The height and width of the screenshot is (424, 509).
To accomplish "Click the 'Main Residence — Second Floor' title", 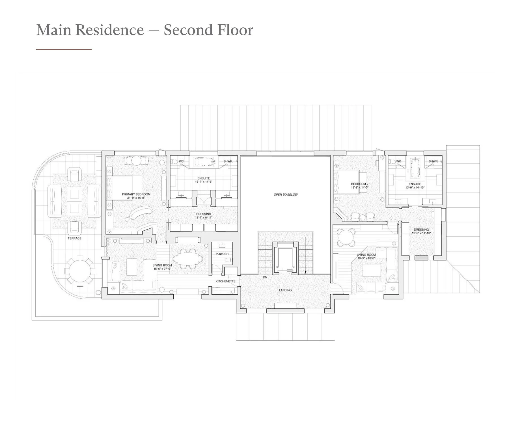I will pyautogui.click(x=144, y=30).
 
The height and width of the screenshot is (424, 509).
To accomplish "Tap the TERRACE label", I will pyautogui.click(x=74, y=238).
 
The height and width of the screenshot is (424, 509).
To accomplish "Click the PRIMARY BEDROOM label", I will pyautogui.click(x=136, y=194).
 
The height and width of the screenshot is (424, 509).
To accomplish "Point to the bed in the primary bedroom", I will pyautogui.click(x=126, y=188).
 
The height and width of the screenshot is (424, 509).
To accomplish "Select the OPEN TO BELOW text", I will pyautogui.click(x=286, y=194).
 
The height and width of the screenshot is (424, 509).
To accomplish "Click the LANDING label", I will pyautogui.click(x=285, y=290).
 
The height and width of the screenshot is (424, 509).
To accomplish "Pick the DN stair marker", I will pyautogui.click(x=265, y=277).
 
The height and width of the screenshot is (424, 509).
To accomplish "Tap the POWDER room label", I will pyautogui.click(x=222, y=254).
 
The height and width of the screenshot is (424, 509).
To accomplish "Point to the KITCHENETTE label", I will pyautogui.click(x=225, y=281).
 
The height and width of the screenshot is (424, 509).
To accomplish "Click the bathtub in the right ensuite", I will pyautogui.click(x=415, y=169).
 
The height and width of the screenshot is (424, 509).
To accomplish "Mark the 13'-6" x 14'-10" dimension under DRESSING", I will pyautogui.click(x=421, y=233).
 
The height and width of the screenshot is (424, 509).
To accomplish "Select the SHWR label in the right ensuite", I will pyautogui.click(x=433, y=161).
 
